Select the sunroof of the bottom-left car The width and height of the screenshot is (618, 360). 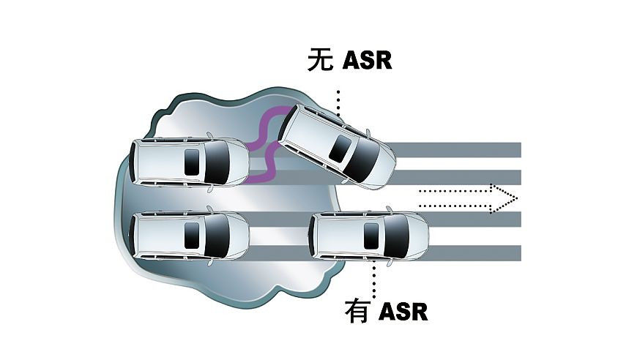click(x=193, y=235)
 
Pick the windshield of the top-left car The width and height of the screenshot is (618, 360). click(x=217, y=161)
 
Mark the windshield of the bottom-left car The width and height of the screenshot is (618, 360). click(x=217, y=235)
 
